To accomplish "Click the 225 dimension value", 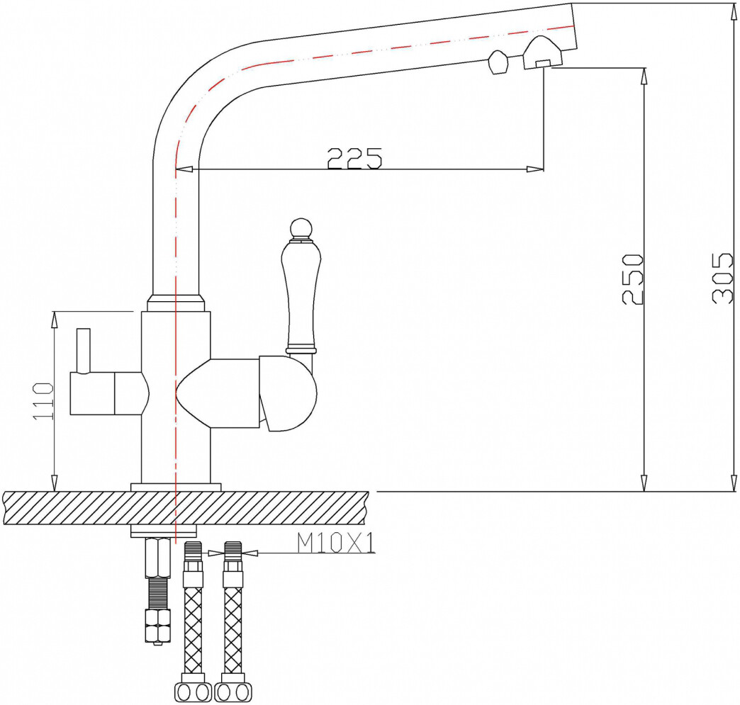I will pyautogui.click(x=354, y=158).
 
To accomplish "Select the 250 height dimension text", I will pyautogui.click(x=633, y=278).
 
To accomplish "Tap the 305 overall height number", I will pyautogui.click(x=723, y=278).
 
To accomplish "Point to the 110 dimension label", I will pyautogui.click(x=44, y=401).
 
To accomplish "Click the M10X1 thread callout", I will pyautogui.click(x=335, y=543).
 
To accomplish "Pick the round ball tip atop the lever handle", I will pyautogui.click(x=300, y=228).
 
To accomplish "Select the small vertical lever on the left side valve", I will pyautogui.click(x=84, y=350).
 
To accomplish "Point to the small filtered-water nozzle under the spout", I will pyautogui.click(x=498, y=63).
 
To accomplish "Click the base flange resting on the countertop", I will pyautogui.click(x=176, y=487).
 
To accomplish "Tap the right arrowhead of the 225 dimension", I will pyautogui.click(x=537, y=169).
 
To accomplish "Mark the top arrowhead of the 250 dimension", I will pyautogui.click(x=644, y=75).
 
